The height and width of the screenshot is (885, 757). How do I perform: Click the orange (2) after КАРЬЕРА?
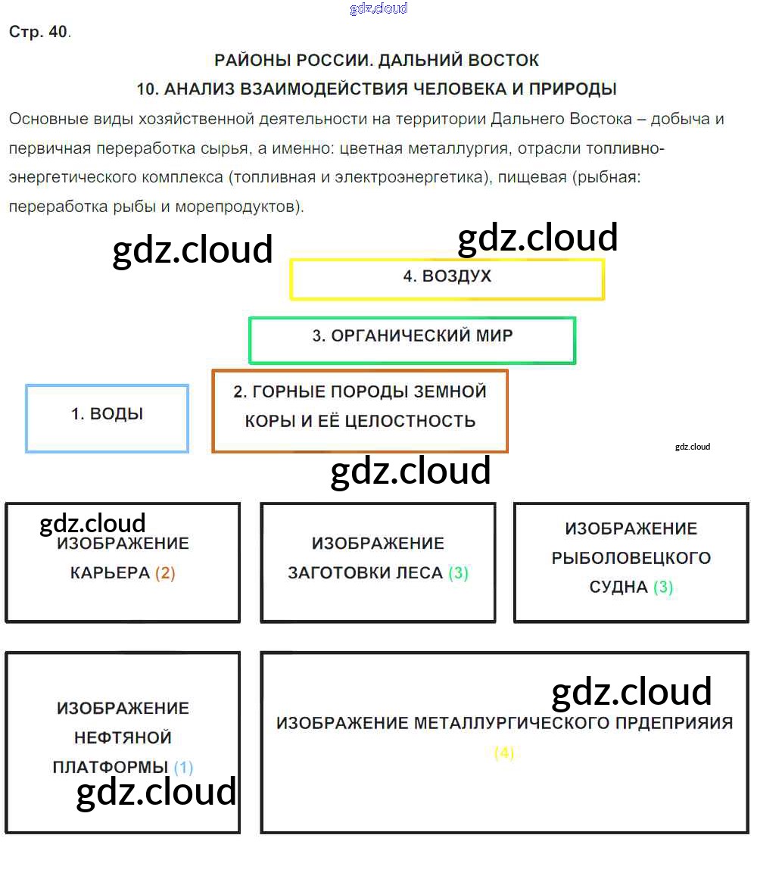[165, 573]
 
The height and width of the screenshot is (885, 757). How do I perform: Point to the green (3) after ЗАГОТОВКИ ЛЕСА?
[458, 573]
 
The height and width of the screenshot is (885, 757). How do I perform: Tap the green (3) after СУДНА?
[662, 587]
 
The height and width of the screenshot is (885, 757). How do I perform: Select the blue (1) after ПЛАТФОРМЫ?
[183, 768]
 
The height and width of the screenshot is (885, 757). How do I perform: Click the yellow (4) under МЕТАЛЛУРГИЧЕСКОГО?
[504, 753]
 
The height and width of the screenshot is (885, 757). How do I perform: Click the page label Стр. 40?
[39, 33]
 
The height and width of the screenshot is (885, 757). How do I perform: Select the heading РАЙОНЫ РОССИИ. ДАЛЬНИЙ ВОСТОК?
[377, 61]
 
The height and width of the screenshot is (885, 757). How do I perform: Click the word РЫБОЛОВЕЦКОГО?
[631, 559]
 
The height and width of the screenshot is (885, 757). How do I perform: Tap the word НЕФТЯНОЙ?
[123, 738]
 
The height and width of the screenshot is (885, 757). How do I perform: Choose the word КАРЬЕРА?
[110, 573]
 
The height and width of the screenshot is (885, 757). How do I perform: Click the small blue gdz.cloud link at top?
[378, 8]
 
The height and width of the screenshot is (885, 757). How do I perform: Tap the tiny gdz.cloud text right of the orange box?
[693, 447]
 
